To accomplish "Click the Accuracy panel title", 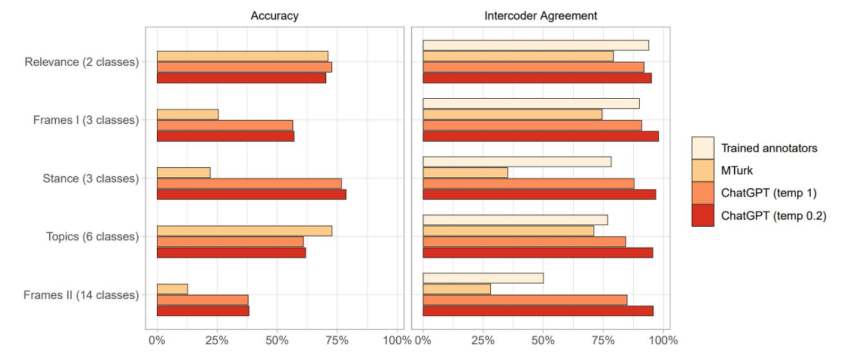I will tap(274, 16).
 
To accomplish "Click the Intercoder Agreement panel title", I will tap(540, 16).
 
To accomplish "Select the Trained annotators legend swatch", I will tap(702, 148).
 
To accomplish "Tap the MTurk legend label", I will tap(736, 170).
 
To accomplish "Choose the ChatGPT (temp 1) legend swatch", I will tap(702, 193).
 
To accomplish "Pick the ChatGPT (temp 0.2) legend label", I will tap(773, 216).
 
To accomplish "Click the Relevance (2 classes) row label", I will tap(81, 62).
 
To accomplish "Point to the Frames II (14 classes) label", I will tap(81, 295).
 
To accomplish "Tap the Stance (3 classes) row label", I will tap(90, 178).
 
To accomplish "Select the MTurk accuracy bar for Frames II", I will tap(172, 289).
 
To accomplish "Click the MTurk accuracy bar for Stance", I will tap(183, 173).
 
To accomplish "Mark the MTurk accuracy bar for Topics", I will tap(244, 231).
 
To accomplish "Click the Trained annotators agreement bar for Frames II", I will tap(483, 278).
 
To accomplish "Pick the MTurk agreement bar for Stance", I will tap(465, 173).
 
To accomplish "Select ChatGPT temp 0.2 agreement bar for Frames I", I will tap(540, 136).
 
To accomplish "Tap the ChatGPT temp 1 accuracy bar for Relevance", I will tap(244, 67).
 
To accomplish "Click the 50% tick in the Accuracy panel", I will tap(277, 340).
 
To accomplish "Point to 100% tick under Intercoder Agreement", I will tap(664, 340).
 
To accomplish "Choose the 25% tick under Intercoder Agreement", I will tap(483, 340).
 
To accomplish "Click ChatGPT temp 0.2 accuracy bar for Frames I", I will tap(225, 136).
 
